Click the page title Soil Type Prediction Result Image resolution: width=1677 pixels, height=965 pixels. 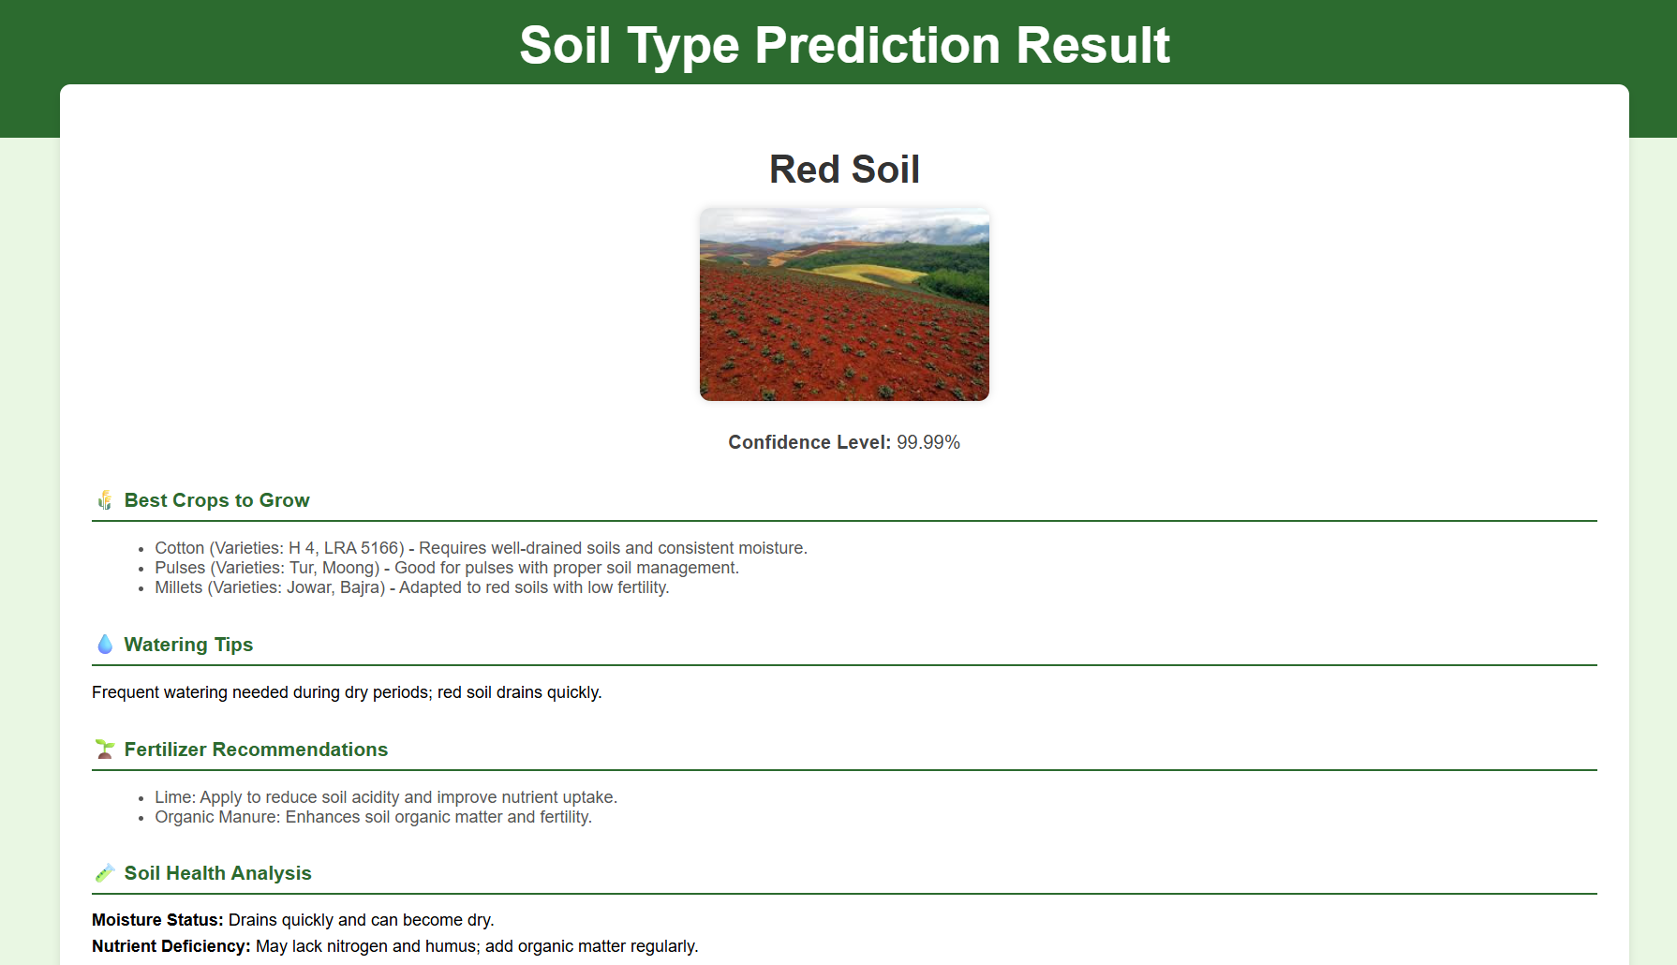coord(844,45)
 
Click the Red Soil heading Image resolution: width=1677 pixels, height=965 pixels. coord(844,170)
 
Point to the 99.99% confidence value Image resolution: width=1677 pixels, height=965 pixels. coord(928,442)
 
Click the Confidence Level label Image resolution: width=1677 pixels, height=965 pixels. coord(809,442)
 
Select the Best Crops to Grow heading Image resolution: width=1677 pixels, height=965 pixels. coord(216,500)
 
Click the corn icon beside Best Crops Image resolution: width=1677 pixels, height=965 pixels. coord(105,500)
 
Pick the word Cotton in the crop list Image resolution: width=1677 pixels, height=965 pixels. coord(179,548)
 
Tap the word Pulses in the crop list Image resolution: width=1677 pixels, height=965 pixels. coord(180,568)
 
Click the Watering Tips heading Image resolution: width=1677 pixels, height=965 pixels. coord(188,645)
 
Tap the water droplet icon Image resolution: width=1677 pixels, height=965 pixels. coord(105,645)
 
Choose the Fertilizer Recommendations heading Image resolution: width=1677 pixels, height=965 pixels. coord(256,750)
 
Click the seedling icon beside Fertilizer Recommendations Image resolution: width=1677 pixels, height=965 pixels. coord(105,750)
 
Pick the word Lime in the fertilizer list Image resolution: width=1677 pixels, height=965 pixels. coord(173,797)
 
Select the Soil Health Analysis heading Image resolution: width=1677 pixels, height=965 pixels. coord(217,873)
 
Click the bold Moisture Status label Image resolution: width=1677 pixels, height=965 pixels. coord(157,920)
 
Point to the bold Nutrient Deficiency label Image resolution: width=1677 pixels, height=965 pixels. coord(171,946)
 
